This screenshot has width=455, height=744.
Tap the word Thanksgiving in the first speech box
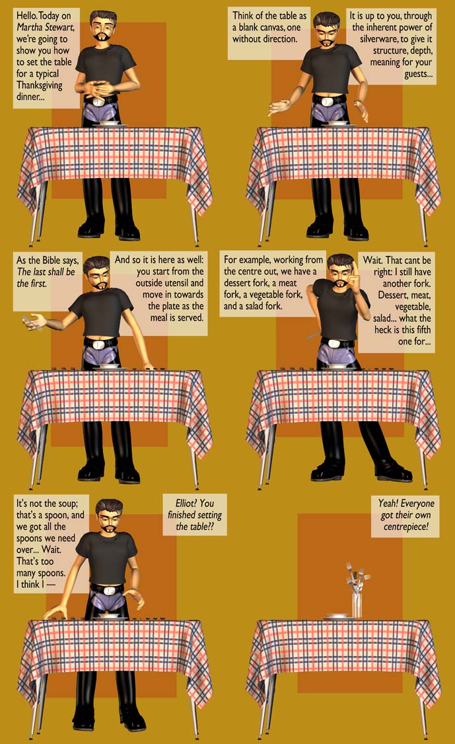click(x=40, y=85)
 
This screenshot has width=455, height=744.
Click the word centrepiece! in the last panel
click(x=405, y=526)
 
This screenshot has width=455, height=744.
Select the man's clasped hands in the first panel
click(x=100, y=89)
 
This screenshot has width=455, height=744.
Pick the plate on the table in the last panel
click(x=337, y=616)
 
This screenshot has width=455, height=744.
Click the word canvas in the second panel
click(x=269, y=27)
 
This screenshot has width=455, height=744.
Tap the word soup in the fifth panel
click(x=65, y=503)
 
